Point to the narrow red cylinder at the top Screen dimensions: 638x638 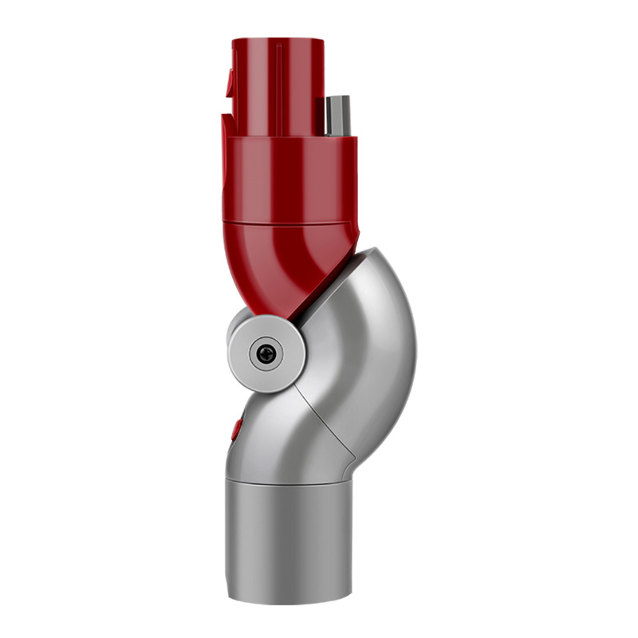coord(275,80)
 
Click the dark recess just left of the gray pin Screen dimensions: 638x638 coord(321,116)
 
